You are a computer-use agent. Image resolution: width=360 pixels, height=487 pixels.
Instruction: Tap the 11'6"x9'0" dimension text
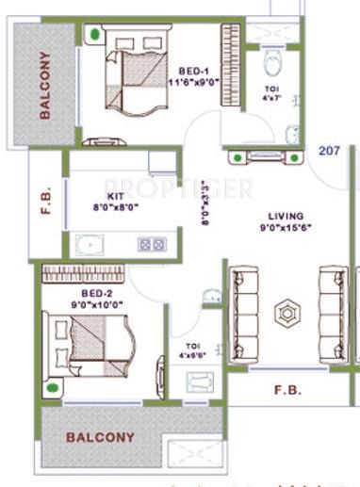(x=193, y=83)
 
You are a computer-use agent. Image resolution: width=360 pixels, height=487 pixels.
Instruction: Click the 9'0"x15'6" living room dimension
(x=286, y=227)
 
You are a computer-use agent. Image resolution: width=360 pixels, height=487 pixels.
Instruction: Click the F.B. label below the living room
(x=287, y=388)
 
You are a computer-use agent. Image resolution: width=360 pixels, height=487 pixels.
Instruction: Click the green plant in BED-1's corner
(x=94, y=36)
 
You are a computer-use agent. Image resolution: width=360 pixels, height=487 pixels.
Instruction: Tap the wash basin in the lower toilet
(x=201, y=382)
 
